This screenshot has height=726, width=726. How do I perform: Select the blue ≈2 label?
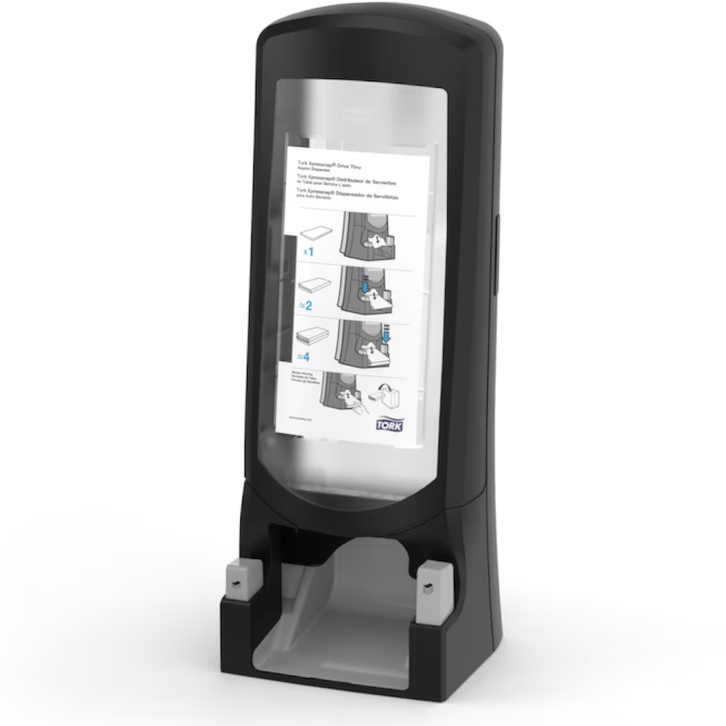coord(306,306)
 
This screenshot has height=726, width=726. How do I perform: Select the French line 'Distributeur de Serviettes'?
coord(345,178)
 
